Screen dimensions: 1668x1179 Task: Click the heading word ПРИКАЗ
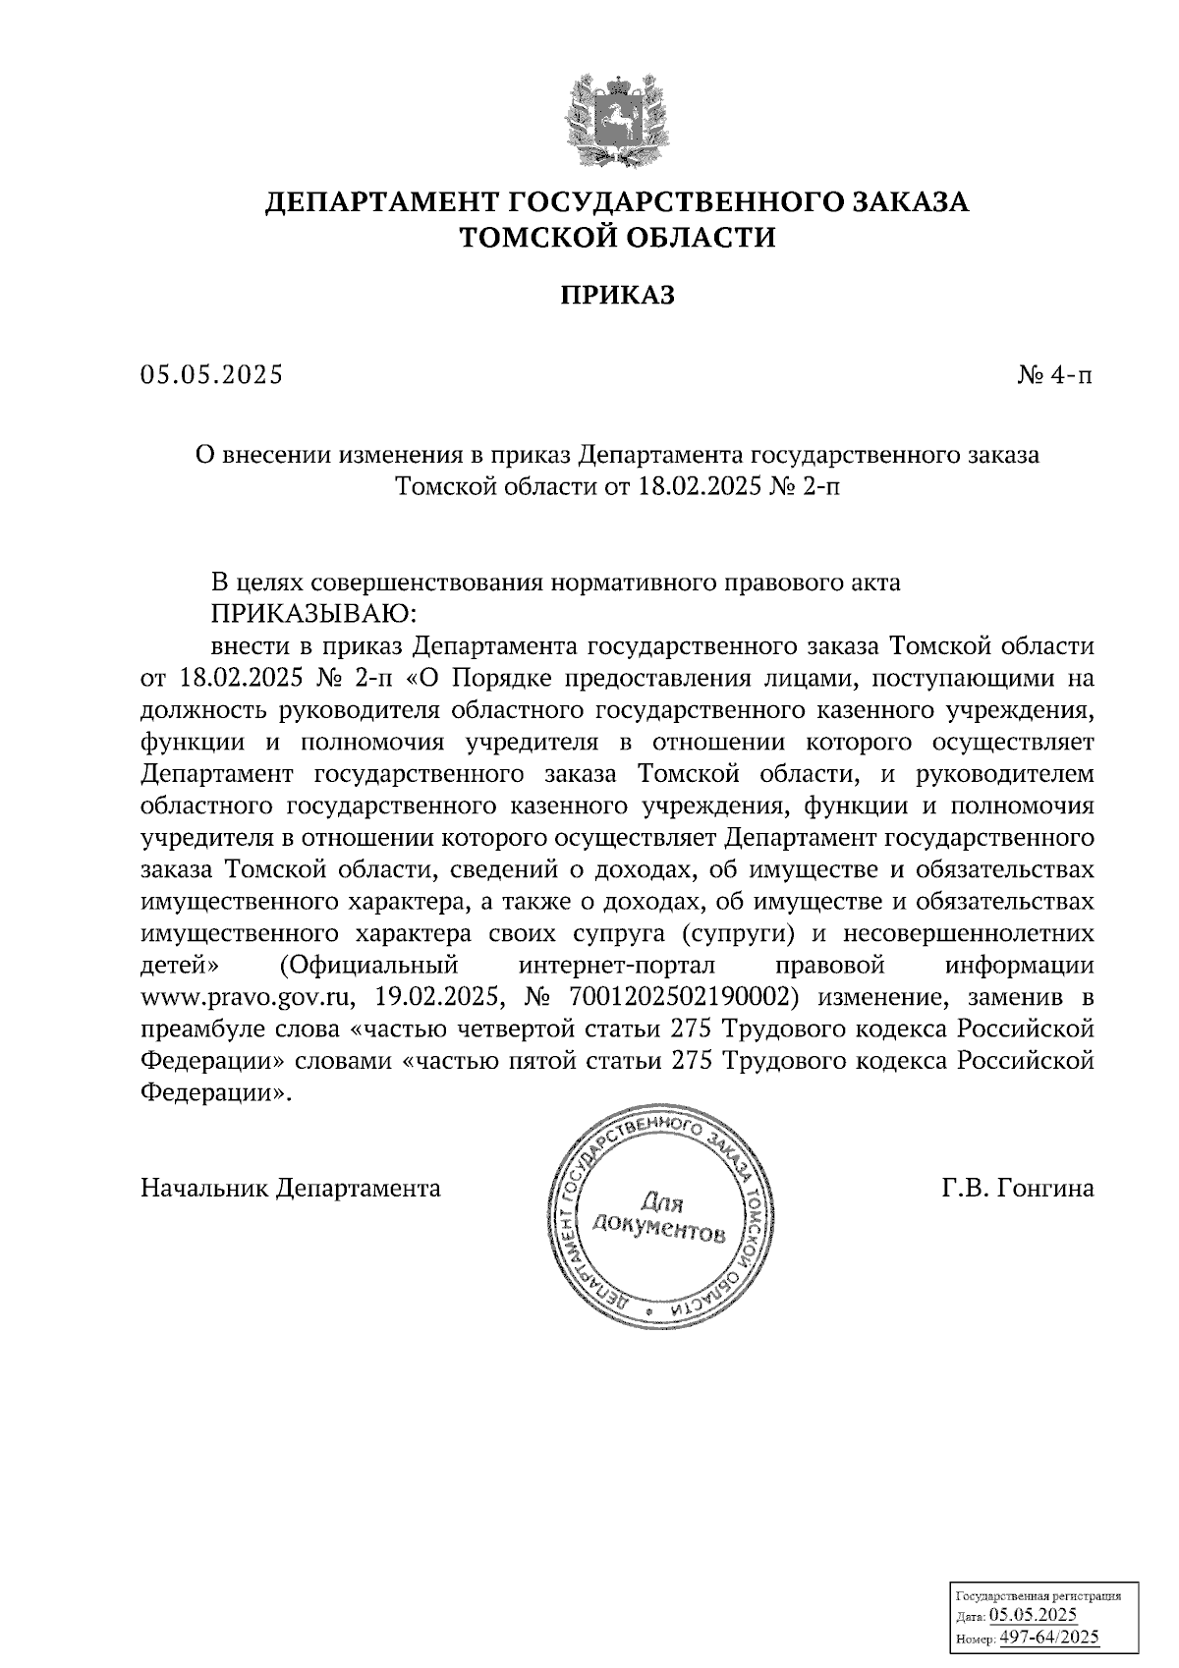click(617, 296)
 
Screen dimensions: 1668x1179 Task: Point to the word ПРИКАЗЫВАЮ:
click(313, 614)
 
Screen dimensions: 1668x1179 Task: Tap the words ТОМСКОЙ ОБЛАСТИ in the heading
click(617, 238)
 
